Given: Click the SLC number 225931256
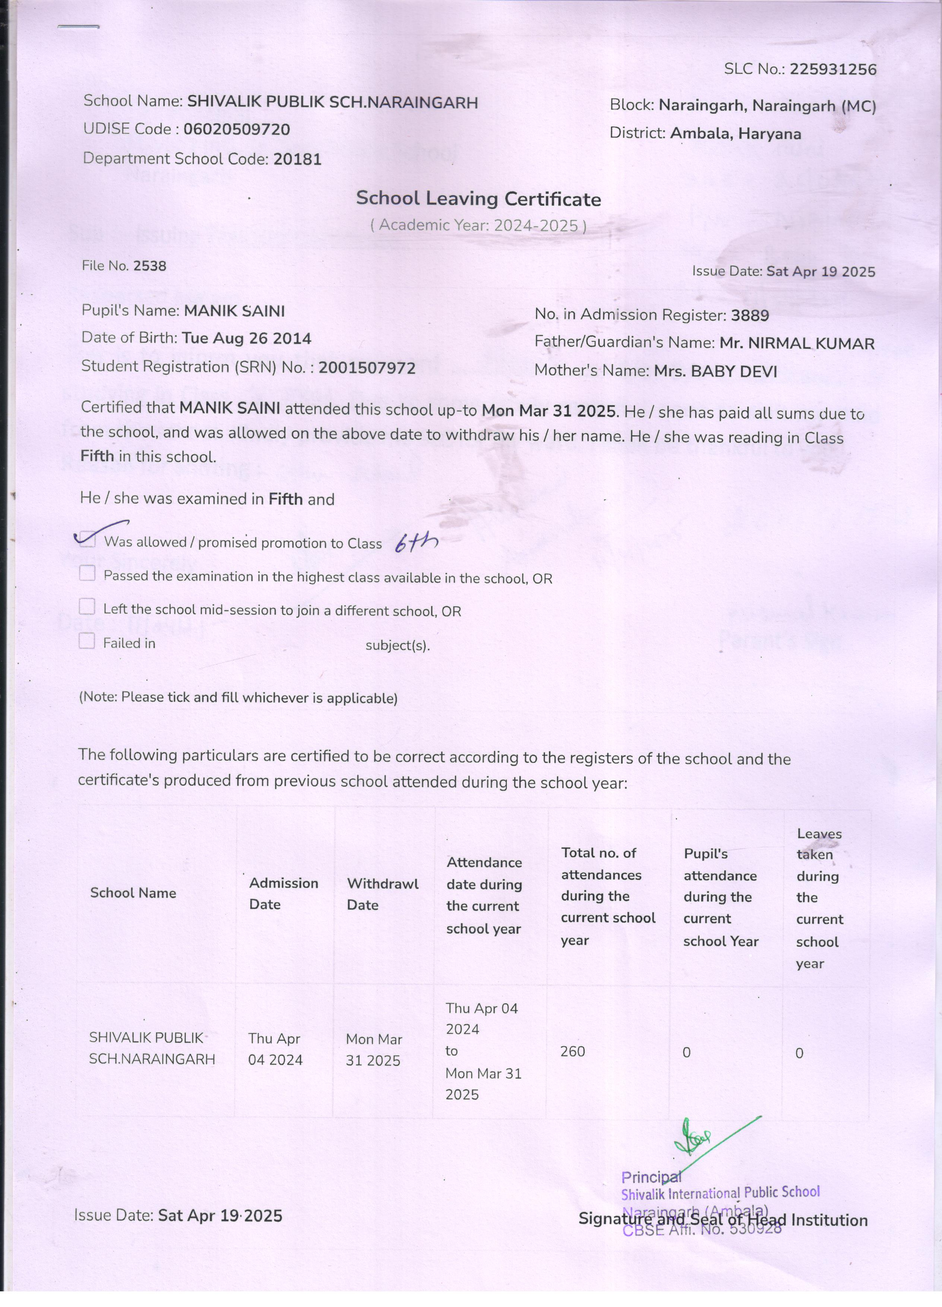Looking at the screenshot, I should click(x=832, y=70).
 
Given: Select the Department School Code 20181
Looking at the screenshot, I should click(x=297, y=159).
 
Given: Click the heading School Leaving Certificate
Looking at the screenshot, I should click(x=478, y=199).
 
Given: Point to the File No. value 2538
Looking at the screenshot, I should click(x=150, y=266).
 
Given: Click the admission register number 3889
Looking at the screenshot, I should click(x=750, y=315).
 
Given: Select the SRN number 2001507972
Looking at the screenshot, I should click(x=367, y=368).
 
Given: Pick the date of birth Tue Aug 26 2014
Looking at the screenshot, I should click(x=247, y=338).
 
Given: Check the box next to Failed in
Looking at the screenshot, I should click(x=87, y=641).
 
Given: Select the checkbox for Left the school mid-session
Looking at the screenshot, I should click(x=87, y=607).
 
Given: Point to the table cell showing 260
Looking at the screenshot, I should click(x=573, y=1052).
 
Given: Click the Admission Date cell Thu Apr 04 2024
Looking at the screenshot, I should click(x=275, y=1049).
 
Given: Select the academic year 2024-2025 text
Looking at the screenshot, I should click(x=536, y=225).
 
